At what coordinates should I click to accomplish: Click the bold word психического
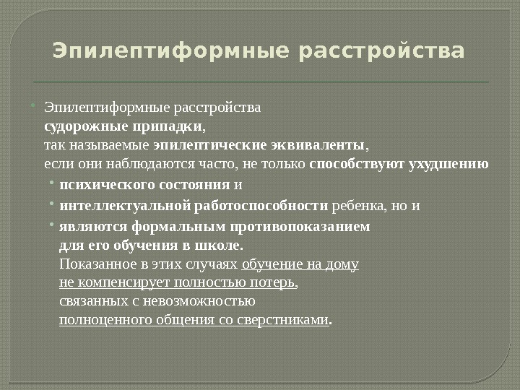tap(103, 185)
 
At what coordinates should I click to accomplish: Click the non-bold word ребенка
tap(359, 206)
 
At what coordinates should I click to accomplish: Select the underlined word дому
tap(342, 264)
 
